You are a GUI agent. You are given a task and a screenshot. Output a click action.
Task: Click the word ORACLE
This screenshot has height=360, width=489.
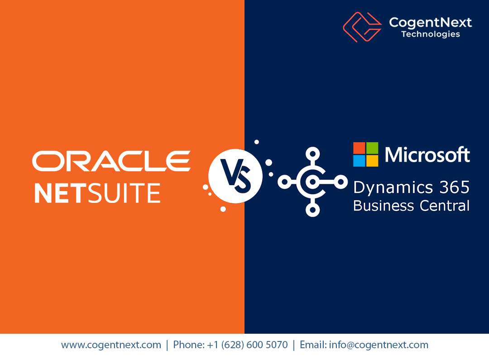click(x=111, y=161)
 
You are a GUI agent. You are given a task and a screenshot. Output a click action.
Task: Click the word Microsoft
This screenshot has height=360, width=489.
click(x=427, y=155)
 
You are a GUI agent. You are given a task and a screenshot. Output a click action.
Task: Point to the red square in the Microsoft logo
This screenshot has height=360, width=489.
click(x=359, y=148)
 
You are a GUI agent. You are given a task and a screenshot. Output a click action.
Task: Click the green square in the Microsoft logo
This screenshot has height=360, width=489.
click(x=372, y=148)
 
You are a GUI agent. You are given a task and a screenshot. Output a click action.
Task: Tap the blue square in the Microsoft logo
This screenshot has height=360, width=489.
click(x=359, y=161)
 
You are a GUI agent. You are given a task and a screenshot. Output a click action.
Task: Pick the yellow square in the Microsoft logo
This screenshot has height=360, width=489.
click(x=372, y=161)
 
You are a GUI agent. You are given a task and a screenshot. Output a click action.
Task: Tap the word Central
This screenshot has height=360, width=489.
click(x=443, y=206)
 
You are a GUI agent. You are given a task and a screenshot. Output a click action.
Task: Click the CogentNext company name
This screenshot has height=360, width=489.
click(x=430, y=22)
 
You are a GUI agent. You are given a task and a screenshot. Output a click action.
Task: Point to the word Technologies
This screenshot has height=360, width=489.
click(x=430, y=34)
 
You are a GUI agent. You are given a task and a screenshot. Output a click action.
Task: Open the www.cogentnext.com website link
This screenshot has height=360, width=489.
click(x=111, y=345)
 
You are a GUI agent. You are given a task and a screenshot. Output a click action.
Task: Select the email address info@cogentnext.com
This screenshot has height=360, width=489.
click(x=379, y=345)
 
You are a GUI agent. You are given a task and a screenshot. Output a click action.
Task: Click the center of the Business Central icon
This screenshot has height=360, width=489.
click(x=312, y=182)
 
